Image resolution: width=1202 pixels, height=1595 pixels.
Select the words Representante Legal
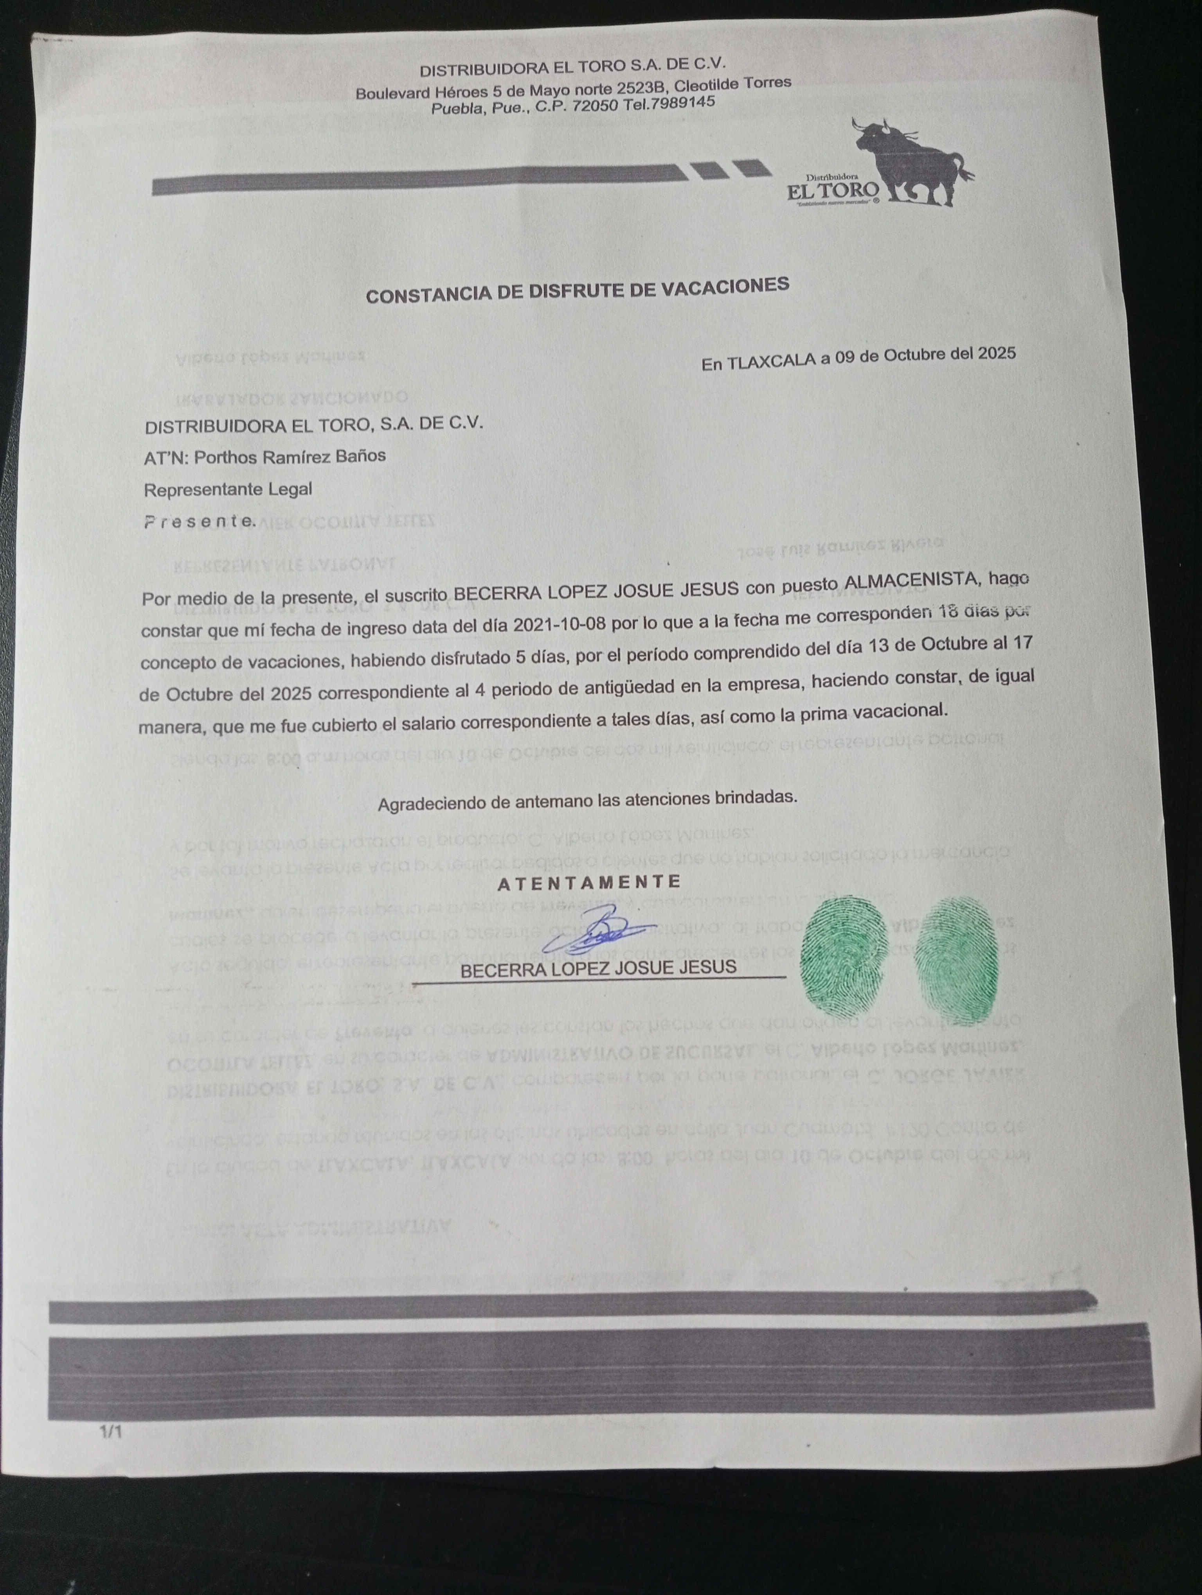point(228,489)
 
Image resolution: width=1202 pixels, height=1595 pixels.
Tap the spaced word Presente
point(199,522)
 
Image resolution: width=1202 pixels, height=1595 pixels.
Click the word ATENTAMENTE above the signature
point(589,882)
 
